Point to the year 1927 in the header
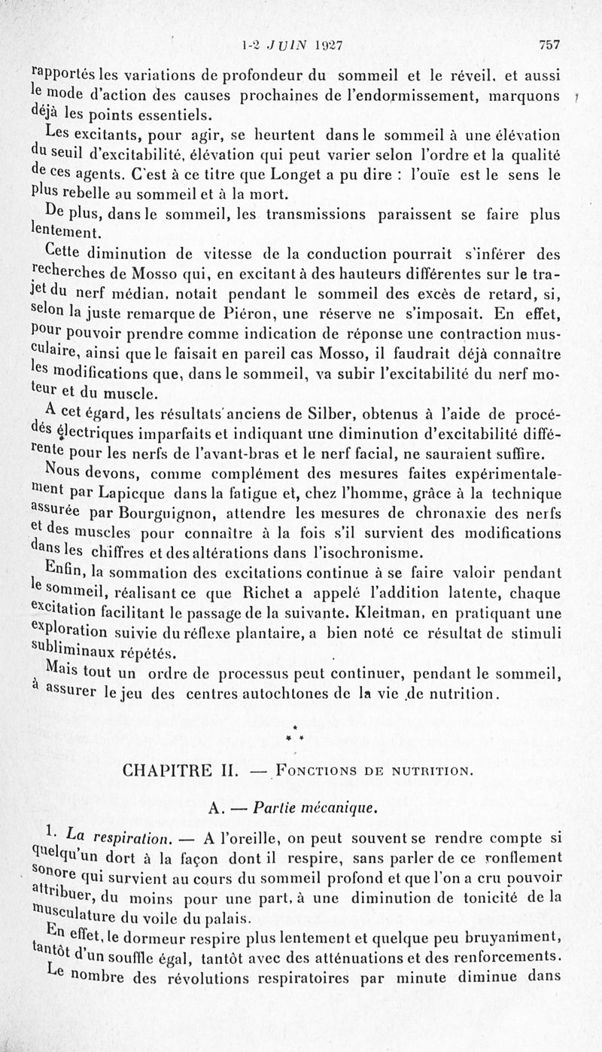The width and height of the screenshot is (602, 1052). point(328,44)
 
